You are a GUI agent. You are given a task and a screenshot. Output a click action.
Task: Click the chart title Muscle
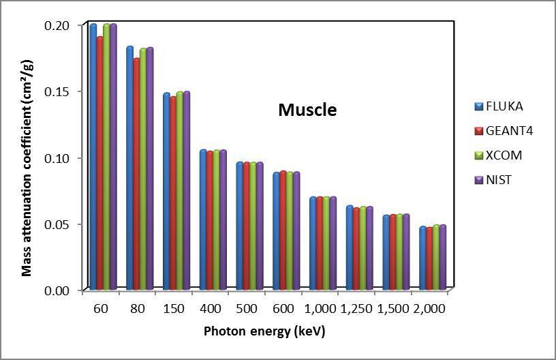point(307,110)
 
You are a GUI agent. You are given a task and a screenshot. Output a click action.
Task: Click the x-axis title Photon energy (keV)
point(264,332)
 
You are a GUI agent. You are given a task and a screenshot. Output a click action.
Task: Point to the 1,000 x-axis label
point(320,309)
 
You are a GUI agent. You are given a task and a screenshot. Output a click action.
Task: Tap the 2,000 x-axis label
point(429,309)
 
